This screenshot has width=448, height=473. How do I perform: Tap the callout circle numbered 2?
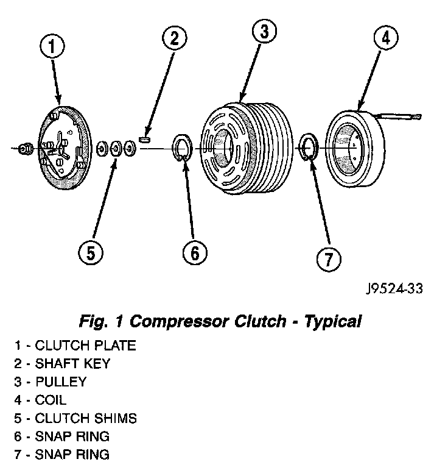[174, 38]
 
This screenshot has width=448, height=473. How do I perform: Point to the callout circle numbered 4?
[385, 38]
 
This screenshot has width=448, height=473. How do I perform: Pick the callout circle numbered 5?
[90, 252]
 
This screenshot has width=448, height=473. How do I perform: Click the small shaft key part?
[145, 139]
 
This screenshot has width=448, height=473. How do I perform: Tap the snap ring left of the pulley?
[181, 149]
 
